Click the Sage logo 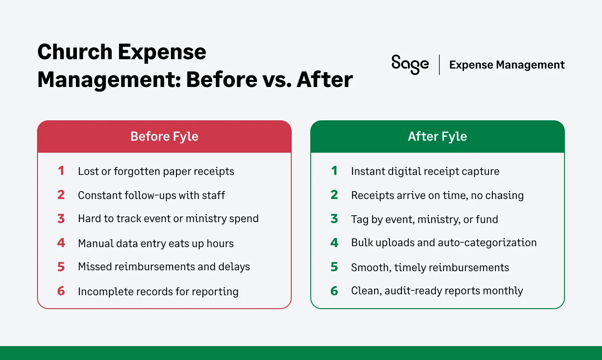(x=410, y=64)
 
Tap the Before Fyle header (x=164, y=137)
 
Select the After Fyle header (x=437, y=137)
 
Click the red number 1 (x=61, y=171)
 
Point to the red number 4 (x=61, y=243)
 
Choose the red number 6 (x=61, y=291)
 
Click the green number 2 (x=334, y=195)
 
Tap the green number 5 (x=334, y=267)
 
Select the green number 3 (x=334, y=219)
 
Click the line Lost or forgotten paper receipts (x=156, y=171)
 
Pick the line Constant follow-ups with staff (x=151, y=195)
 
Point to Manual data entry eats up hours (x=156, y=243)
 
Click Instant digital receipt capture (x=425, y=171)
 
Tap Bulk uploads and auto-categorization (x=444, y=243)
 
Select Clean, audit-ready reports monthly (x=437, y=291)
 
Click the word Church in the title (x=74, y=52)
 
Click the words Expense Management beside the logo (x=507, y=65)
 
